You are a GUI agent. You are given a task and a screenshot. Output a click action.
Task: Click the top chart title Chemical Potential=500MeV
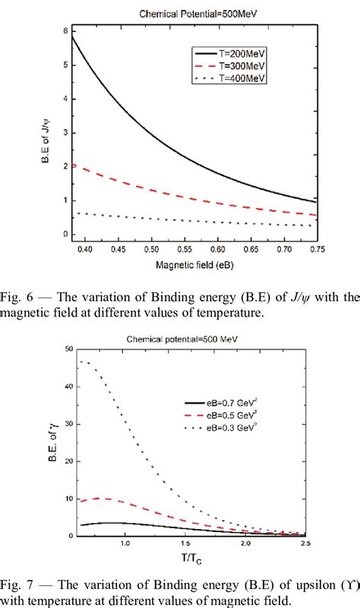[186, 12]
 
